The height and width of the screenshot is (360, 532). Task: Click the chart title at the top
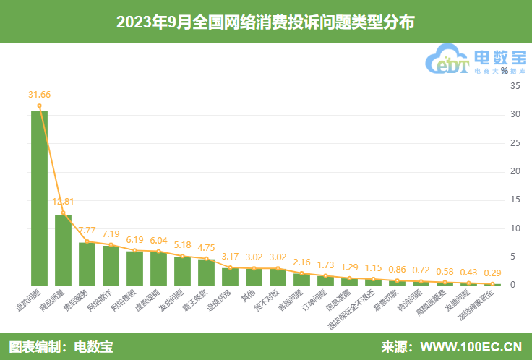point(265,22)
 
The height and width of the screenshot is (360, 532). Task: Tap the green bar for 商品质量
point(63,249)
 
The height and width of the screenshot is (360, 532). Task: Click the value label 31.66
point(40,95)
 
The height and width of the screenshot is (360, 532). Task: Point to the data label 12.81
point(64,201)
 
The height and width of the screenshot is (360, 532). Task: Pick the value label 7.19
point(111,234)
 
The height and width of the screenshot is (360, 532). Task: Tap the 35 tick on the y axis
point(516,86)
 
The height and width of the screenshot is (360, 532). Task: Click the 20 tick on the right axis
point(516,171)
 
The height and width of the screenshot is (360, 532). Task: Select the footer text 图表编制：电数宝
point(61,346)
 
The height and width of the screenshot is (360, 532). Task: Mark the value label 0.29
point(493,273)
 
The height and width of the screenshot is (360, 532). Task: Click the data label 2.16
point(301,262)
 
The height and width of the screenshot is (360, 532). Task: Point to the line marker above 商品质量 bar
point(63,213)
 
